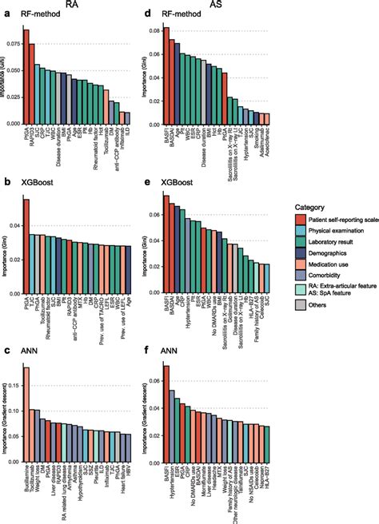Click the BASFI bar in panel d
(167, 76)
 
